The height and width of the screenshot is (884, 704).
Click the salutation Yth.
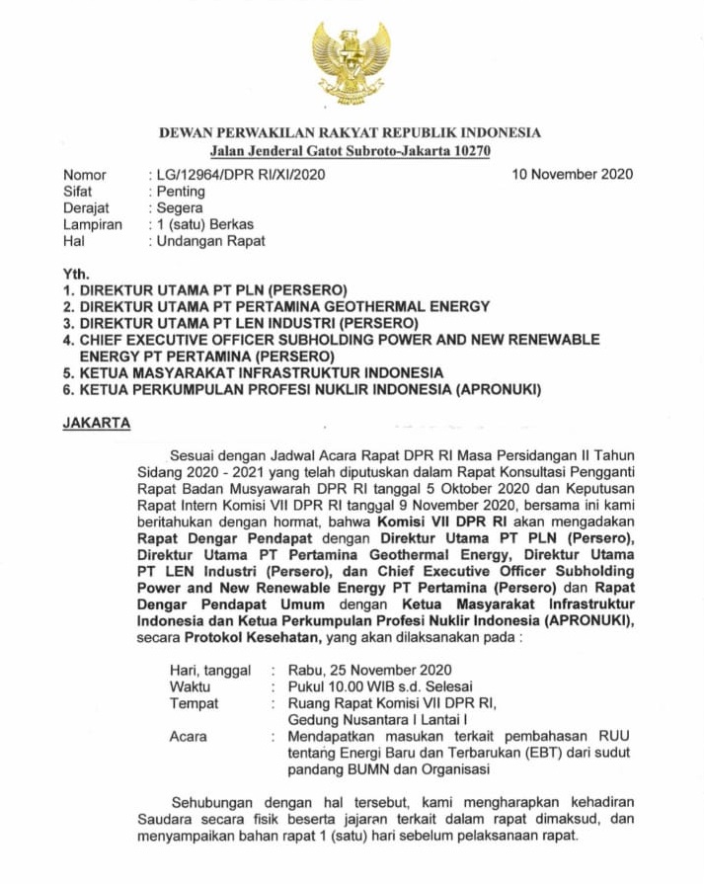point(76,274)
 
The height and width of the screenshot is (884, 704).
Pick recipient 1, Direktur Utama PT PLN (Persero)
point(204,290)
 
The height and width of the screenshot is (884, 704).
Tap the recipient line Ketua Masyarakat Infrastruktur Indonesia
point(253,372)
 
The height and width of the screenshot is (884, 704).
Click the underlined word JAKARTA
point(97,423)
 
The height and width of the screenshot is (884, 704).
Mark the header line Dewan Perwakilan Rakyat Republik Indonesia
point(351,133)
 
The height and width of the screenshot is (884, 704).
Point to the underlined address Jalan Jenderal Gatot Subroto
point(351,150)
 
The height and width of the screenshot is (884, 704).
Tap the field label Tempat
point(194,703)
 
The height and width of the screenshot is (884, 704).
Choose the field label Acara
point(189,736)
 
